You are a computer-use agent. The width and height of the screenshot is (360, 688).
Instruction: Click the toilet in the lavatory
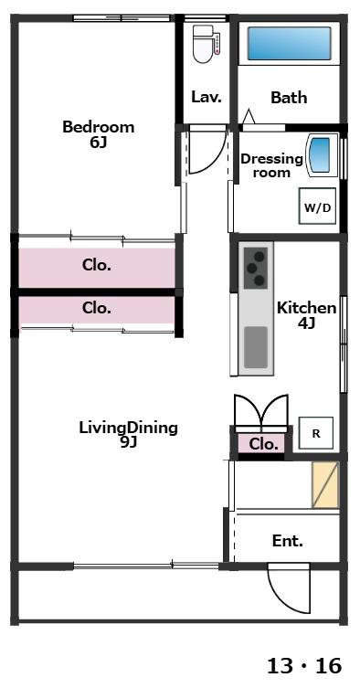pos(205,44)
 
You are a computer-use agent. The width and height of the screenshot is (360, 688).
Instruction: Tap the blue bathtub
pos(289,44)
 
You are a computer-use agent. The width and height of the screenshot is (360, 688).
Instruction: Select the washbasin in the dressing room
pos(323,155)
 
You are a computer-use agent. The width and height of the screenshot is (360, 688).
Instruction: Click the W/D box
pos(317,207)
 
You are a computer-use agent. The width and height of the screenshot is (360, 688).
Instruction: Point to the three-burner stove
pos(256,268)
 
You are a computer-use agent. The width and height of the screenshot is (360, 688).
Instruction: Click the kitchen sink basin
pos(256,347)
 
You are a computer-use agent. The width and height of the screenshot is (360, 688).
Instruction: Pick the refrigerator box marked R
pos(316,433)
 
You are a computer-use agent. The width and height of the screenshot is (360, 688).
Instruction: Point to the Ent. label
pos(288,541)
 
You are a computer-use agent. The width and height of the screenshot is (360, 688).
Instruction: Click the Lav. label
pos(206,97)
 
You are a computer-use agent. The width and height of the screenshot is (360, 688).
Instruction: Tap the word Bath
pos(289,97)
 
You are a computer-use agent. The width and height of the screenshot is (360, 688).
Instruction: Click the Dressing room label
pos(271,165)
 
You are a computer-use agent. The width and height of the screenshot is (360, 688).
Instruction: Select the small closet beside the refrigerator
pos(263,444)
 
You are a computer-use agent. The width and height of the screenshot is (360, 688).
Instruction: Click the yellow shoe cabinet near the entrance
pos(325,484)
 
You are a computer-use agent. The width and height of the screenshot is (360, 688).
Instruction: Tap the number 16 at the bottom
pos(328,666)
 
